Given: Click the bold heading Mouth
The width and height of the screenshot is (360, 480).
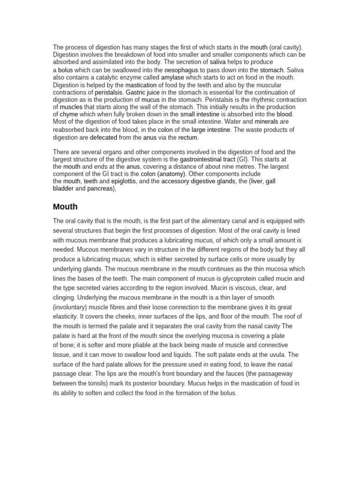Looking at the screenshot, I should (65, 206).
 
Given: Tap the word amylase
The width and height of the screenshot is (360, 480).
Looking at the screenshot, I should (173, 77).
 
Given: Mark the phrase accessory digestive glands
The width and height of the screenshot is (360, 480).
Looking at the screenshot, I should (198, 181).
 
